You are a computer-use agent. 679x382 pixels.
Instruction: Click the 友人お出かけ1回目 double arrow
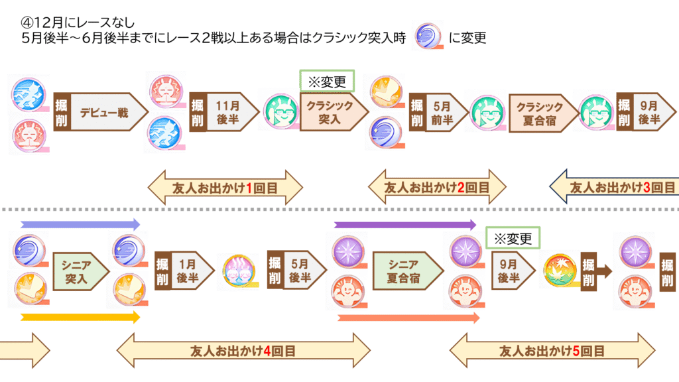[224, 189]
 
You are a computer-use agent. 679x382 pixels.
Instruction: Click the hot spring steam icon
[238, 271]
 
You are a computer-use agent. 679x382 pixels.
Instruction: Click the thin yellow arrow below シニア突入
[80, 317]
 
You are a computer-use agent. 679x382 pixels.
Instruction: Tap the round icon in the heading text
[428, 38]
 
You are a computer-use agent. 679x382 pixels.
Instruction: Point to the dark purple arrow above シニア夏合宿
[405, 224]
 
